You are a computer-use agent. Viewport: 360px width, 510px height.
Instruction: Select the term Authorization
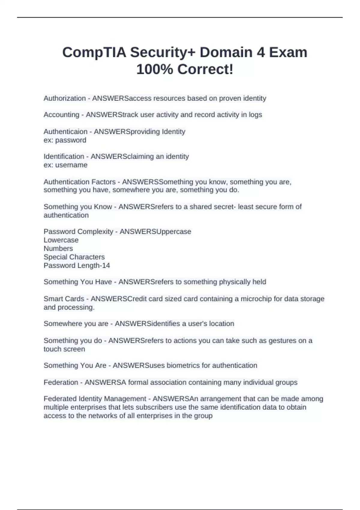point(64,98)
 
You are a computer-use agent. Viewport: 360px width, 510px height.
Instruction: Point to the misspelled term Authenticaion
point(65,132)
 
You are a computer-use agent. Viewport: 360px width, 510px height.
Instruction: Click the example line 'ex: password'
point(65,140)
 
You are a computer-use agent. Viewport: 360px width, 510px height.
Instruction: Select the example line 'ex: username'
point(65,165)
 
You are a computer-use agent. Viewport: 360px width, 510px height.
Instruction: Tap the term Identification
point(64,157)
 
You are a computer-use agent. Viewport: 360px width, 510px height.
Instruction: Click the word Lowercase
point(61,240)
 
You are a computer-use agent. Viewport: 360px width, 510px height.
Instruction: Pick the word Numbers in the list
point(58,248)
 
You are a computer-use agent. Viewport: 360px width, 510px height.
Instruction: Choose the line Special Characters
point(74,257)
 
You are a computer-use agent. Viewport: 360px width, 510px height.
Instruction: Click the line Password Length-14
point(77,265)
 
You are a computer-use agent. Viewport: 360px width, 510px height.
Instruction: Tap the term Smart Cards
point(64,299)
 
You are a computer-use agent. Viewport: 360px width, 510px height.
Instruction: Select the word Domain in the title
point(226,52)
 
